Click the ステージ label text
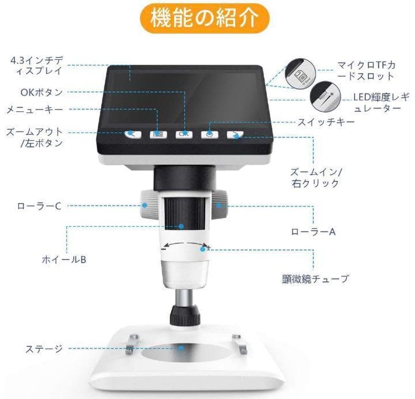[44, 348]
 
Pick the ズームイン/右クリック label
[316, 178]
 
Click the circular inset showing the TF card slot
[300, 71]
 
